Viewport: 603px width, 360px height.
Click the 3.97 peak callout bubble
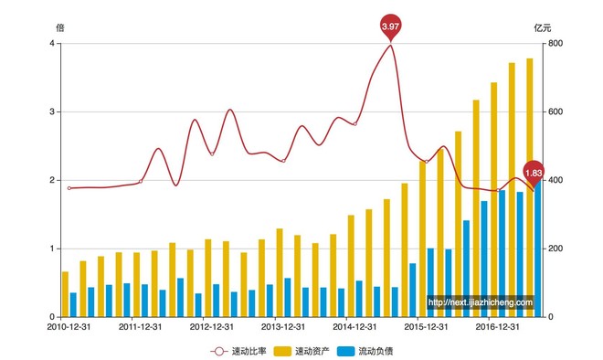click(x=390, y=26)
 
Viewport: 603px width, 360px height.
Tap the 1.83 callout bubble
click(x=534, y=174)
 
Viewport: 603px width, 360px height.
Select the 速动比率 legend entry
click(x=238, y=351)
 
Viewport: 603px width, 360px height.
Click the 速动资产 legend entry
click(x=301, y=351)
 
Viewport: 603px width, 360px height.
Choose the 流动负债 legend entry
click(x=365, y=351)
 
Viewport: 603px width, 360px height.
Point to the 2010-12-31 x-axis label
click(x=69, y=327)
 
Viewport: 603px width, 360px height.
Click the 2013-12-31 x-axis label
click(x=283, y=327)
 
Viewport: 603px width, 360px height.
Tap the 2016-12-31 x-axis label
click(x=497, y=327)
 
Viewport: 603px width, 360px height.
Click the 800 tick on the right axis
click(x=555, y=44)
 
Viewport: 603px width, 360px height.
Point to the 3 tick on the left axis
click(x=52, y=111)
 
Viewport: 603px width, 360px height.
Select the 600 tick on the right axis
click(x=555, y=111)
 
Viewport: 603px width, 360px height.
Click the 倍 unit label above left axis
click(x=60, y=27)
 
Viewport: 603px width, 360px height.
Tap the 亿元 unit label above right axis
click(x=543, y=27)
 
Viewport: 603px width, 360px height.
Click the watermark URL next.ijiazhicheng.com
click(x=481, y=302)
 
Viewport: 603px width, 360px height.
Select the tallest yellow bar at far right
click(x=530, y=187)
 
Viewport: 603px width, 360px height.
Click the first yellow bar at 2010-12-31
click(x=65, y=294)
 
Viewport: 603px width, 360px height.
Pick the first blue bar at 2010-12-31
click(x=73, y=304)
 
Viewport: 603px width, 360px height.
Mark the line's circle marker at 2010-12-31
click(x=69, y=188)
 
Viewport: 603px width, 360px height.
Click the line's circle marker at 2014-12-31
click(x=355, y=124)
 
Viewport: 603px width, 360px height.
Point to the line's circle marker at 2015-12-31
click(x=427, y=162)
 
